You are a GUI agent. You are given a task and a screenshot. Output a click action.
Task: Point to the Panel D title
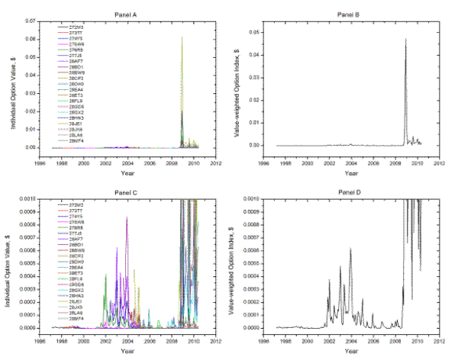351,188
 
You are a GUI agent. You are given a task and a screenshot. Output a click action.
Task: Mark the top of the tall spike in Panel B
405,39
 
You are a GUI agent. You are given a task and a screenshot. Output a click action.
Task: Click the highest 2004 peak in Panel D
350,249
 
